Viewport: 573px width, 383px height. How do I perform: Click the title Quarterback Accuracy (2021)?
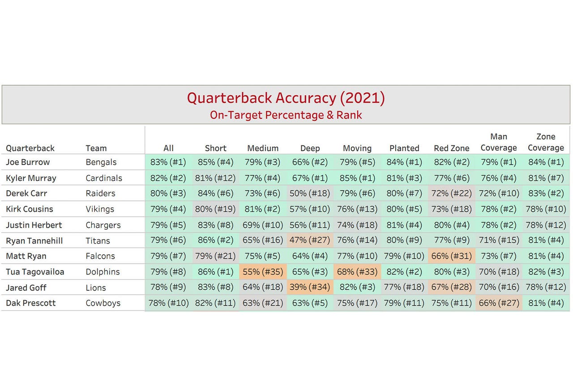(286, 98)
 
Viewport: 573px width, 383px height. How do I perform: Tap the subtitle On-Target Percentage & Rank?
(286, 115)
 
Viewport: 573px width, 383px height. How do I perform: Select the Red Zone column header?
(451, 148)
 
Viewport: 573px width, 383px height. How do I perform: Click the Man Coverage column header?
(499, 142)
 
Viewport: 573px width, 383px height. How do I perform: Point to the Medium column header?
(263, 148)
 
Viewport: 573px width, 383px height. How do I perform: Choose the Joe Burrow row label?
(28, 162)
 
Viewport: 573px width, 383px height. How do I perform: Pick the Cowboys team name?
(103, 303)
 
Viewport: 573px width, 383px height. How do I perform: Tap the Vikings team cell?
(100, 209)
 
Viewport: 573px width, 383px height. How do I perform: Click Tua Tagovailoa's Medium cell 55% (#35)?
(263, 272)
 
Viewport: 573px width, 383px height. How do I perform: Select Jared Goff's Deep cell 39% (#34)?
(310, 287)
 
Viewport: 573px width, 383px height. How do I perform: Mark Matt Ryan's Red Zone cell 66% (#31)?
(451, 256)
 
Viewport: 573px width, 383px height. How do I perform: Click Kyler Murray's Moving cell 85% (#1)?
(357, 178)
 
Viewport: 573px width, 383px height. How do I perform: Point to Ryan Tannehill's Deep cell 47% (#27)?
(310, 240)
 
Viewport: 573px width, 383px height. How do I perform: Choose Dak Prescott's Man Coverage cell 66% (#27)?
(499, 303)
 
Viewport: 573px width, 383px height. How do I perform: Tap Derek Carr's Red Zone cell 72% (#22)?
(451, 193)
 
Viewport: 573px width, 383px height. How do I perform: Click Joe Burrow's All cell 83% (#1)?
(168, 162)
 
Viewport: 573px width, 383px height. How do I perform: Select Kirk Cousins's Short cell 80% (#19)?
(215, 209)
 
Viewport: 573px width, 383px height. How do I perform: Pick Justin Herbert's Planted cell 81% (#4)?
(404, 225)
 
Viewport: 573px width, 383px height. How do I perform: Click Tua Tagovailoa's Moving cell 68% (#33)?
(357, 272)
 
